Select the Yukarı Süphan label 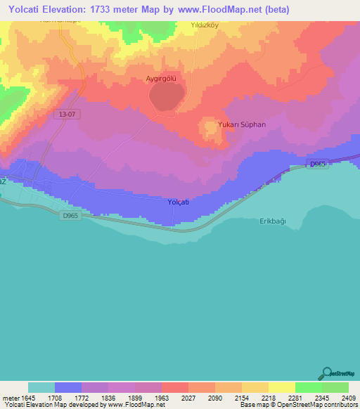tap(243, 124)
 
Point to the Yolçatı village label tap(179, 202)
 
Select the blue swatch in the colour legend tap(68, 387)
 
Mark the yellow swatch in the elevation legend tap(282, 387)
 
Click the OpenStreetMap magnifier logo tap(326, 374)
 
